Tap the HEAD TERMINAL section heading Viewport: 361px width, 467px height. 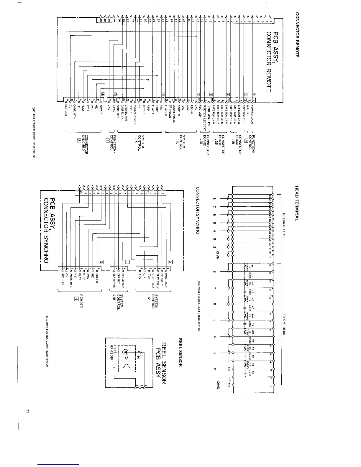(x=297, y=203)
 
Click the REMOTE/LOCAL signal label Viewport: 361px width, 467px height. (x=253, y=114)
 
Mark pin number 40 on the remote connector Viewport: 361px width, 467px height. (x=101, y=20)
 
